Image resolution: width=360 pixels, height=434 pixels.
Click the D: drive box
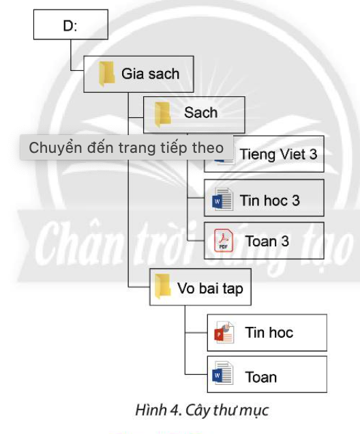70,27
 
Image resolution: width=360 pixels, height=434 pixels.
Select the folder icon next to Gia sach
106,74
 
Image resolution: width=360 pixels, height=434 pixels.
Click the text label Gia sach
150,74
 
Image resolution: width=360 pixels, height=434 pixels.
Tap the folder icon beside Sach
162,113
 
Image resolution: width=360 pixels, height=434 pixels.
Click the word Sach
200,113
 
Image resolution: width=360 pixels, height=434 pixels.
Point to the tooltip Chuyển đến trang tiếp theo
125,147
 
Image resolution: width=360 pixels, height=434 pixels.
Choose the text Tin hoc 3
269,201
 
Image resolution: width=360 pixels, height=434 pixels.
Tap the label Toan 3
267,242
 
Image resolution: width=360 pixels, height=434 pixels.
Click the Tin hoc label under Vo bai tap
269,333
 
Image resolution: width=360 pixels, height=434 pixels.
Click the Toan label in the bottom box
260,377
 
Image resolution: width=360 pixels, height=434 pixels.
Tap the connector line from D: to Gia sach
71,58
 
